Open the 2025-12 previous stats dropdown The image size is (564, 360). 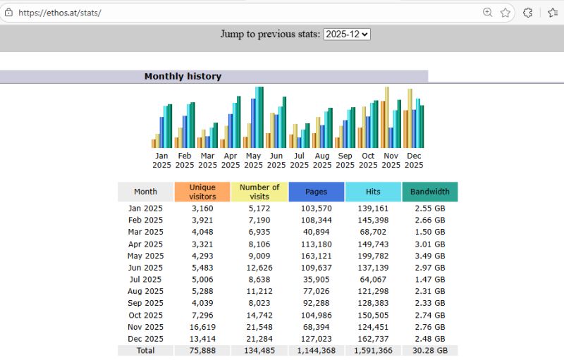347,34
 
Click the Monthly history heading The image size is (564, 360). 183,76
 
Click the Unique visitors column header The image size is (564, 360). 202,192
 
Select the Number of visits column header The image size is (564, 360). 259,192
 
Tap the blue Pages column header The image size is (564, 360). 316,192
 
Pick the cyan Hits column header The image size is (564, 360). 373,192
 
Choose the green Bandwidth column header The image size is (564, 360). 429,192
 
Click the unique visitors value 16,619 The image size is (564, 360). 202,327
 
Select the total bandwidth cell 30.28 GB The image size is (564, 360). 429,350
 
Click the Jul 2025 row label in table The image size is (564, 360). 145,280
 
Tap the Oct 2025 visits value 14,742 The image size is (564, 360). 259,315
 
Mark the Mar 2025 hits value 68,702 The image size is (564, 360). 373,232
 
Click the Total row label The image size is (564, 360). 145,350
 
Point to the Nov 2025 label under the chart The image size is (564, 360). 391,161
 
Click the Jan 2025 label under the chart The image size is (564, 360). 161,161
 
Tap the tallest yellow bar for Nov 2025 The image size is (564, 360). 387,116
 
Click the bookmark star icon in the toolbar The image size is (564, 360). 505,13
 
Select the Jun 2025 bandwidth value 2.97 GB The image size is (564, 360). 429,268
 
